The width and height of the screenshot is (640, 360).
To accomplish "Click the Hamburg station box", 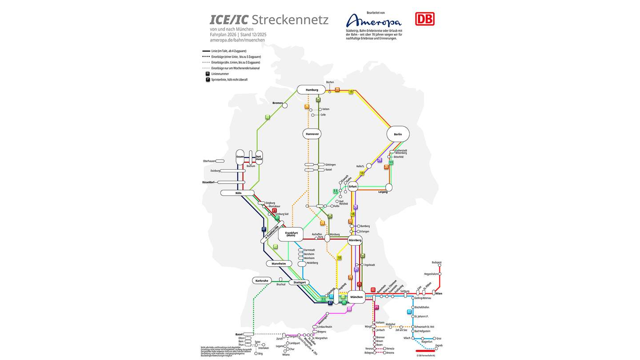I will click(x=311, y=90).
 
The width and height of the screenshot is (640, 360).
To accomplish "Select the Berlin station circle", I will click(x=398, y=134).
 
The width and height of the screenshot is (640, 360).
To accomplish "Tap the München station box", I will click(x=356, y=297).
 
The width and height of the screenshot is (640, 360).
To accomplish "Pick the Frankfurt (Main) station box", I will click(x=291, y=234).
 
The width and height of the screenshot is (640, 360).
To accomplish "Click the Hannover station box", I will click(x=312, y=134).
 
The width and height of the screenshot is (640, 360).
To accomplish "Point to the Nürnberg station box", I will click(x=355, y=240).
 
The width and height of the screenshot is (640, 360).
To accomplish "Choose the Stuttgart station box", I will click(x=300, y=282).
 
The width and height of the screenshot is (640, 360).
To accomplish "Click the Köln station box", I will click(x=238, y=193).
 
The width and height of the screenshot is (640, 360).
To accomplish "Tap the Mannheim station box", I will click(x=279, y=264).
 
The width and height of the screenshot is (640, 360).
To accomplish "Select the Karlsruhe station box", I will click(x=261, y=280).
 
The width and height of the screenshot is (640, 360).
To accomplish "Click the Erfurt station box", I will click(x=353, y=187).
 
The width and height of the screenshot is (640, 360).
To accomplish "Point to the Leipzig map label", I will click(x=383, y=192).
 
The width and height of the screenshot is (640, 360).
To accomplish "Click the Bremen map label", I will click(x=277, y=103).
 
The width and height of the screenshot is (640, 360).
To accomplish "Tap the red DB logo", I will click(x=424, y=19).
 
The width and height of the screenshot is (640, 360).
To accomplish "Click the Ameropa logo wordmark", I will click(x=374, y=21).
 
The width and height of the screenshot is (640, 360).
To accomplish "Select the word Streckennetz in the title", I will click(x=290, y=20).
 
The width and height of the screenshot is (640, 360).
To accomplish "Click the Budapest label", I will click(x=436, y=263).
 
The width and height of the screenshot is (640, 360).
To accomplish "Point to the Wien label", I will click(x=439, y=294).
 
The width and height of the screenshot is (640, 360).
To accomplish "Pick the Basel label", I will click(x=239, y=334).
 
